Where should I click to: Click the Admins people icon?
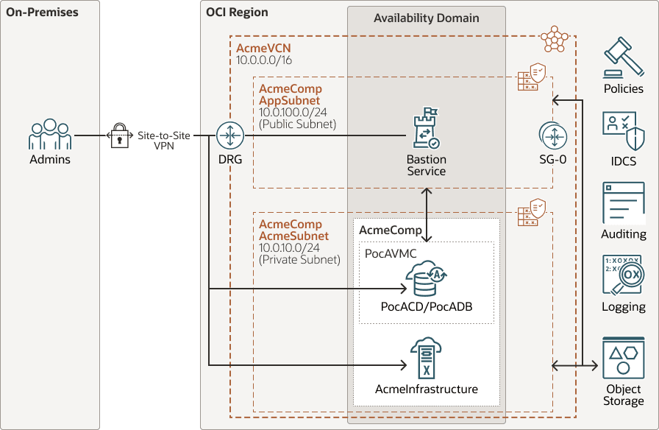tap(50, 135)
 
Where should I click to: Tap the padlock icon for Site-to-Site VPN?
tap(119, 136)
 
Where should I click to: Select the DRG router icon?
tap(229, 135)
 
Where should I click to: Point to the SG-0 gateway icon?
tap(552, 135)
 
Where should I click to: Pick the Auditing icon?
tap(623, 203)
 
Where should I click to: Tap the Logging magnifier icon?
tap(623, 276)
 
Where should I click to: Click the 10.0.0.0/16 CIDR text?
tap(264, 60)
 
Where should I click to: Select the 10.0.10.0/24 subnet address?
tap(288, 247)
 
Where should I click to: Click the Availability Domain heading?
tap(427, 18)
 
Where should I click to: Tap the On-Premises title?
tap(42, 12)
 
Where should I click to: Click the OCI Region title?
tap(237, 12)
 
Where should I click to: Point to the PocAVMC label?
tap(391, 253)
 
